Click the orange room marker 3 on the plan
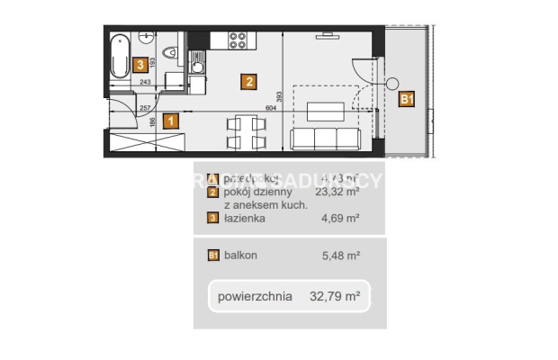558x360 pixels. [139, 64]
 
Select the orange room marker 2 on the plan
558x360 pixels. [248, 82]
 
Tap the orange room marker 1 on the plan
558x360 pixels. [171, 120]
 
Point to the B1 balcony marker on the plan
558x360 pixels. [407, 100]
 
